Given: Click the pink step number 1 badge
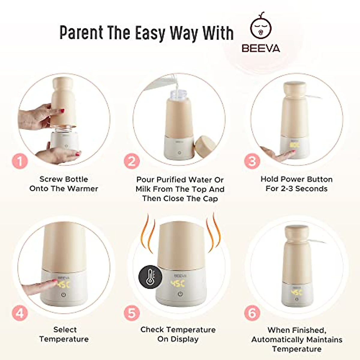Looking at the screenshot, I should point(20,162).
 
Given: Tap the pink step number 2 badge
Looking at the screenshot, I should point(132,162).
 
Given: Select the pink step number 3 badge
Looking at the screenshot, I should point(252,162).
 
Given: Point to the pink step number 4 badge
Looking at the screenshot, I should point(20,313).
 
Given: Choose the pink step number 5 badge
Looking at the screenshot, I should point(132,313).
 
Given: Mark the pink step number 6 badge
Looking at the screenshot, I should point(252,313).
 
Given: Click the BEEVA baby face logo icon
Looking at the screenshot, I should point(261,28).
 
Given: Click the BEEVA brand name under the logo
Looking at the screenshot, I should point(261,48).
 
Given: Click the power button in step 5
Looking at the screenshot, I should point(180,294).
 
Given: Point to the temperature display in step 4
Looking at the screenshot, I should point(64,284).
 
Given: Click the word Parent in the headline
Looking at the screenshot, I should point(81,33).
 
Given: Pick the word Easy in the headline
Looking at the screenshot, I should point(150,33).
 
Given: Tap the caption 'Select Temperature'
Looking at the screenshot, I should point(64,334).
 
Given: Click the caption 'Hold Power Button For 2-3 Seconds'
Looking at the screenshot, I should point(296,184).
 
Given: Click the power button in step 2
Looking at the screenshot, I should point(179,153).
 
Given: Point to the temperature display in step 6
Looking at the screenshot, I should point(296,292).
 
